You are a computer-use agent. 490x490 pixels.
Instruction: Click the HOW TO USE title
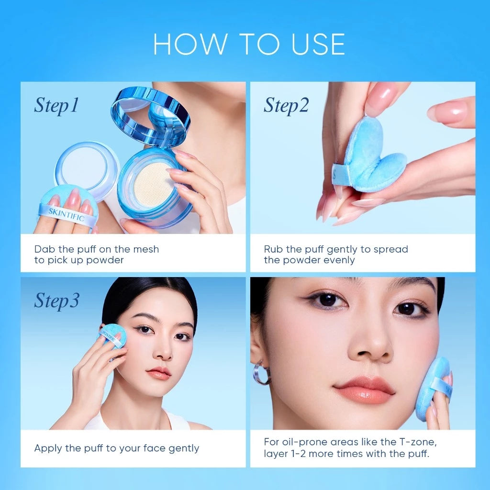point(249,44)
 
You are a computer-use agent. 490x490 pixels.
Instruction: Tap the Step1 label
point(56,106)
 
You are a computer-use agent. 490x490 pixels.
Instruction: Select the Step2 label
point(286,106)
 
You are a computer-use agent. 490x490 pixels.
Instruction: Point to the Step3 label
point(56,301)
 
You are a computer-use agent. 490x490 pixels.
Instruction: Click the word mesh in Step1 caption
point(145,249)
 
